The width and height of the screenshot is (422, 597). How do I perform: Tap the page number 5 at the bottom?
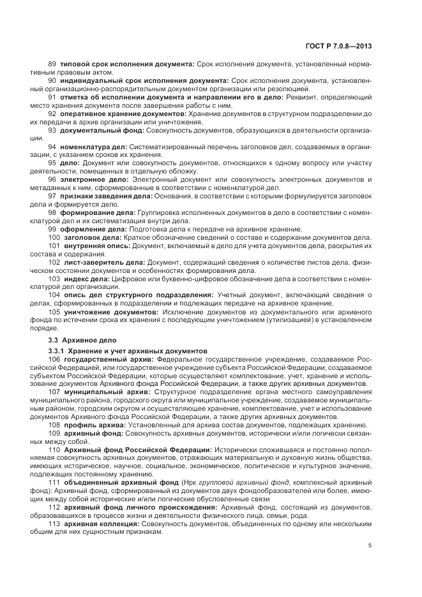[370, 545]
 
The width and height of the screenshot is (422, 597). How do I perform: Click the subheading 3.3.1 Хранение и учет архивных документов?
[128, 351]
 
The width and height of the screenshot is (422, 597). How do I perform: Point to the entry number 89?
[52, 64]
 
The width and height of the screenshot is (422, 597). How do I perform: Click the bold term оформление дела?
[93, 229]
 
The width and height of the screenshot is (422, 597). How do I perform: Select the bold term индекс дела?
[86, 279]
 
